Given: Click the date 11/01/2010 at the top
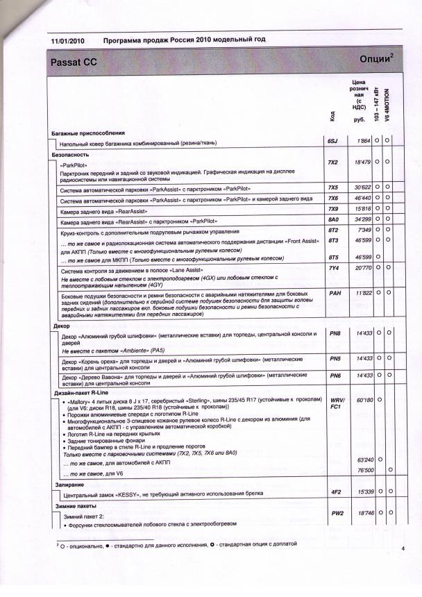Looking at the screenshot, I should coord(68,42).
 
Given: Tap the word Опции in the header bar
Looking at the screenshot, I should coord(377,59).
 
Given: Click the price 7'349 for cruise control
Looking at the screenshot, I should coord(365,229).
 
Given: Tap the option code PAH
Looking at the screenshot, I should coord(334,293).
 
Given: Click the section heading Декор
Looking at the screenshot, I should coord(60,325).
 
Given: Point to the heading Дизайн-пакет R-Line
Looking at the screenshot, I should coord(84,394).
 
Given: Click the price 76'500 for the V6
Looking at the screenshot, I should coord(364,470).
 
